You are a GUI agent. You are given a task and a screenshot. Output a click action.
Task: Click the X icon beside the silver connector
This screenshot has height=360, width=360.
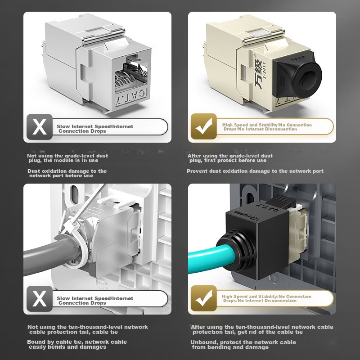[40, 127]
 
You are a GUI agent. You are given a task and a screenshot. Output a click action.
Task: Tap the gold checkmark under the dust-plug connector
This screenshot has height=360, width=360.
[204, 126]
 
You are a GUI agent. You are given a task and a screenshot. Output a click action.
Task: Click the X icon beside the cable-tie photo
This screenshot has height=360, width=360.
[40, 299]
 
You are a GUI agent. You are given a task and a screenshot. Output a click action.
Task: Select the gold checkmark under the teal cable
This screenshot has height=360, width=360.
[204, 298]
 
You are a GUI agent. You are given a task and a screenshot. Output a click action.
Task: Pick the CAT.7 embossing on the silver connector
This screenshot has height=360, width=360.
[131, 98]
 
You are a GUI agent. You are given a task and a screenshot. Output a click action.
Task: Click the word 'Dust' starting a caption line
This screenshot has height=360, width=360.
[34, 171]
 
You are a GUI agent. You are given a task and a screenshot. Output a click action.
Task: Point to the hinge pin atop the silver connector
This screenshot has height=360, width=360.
[104, 37]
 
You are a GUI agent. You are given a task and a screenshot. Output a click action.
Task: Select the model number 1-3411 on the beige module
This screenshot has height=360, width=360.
[264, 70]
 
